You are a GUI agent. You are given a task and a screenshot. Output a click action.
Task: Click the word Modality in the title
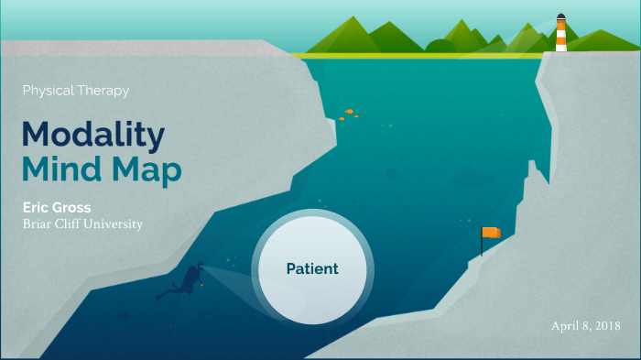click(x=93, y=135)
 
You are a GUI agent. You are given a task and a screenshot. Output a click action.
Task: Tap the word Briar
click(x=38, y=224)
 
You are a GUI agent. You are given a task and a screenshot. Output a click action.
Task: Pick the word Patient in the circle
click(x=312, y=269)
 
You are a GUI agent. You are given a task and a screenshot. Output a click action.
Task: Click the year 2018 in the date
click(x=605, y=326)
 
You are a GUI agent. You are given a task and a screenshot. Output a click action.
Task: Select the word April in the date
click(x=565, y=326)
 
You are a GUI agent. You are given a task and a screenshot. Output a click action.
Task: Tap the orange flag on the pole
click(x=493, y=233)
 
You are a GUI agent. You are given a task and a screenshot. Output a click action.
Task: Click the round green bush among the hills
click(x=440, y=47)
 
